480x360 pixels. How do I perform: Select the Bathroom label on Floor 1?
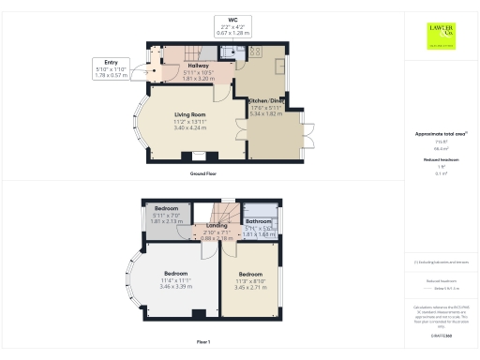[x=259, y=221]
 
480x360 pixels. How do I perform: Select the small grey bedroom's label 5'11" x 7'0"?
[x=166, y=215]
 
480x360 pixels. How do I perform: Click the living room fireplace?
[x=199, y=157]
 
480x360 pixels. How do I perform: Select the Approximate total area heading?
[x=441, y=134]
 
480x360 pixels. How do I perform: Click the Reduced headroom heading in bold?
[x=441, y=160]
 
